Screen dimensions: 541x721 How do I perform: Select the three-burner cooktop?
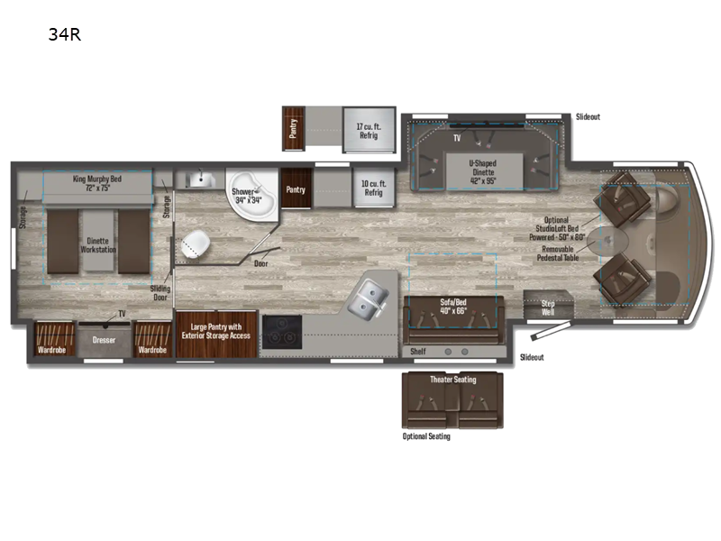pos(279,333)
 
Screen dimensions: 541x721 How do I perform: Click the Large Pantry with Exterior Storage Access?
pos(216,331)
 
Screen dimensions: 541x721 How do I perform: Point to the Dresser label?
pos(105,341)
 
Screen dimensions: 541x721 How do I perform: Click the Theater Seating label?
pos(452,380)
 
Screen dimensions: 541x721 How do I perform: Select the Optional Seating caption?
pos(425,436)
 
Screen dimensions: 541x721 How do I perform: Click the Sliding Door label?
pos(160,293)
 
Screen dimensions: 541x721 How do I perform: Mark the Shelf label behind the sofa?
pos(417,351)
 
